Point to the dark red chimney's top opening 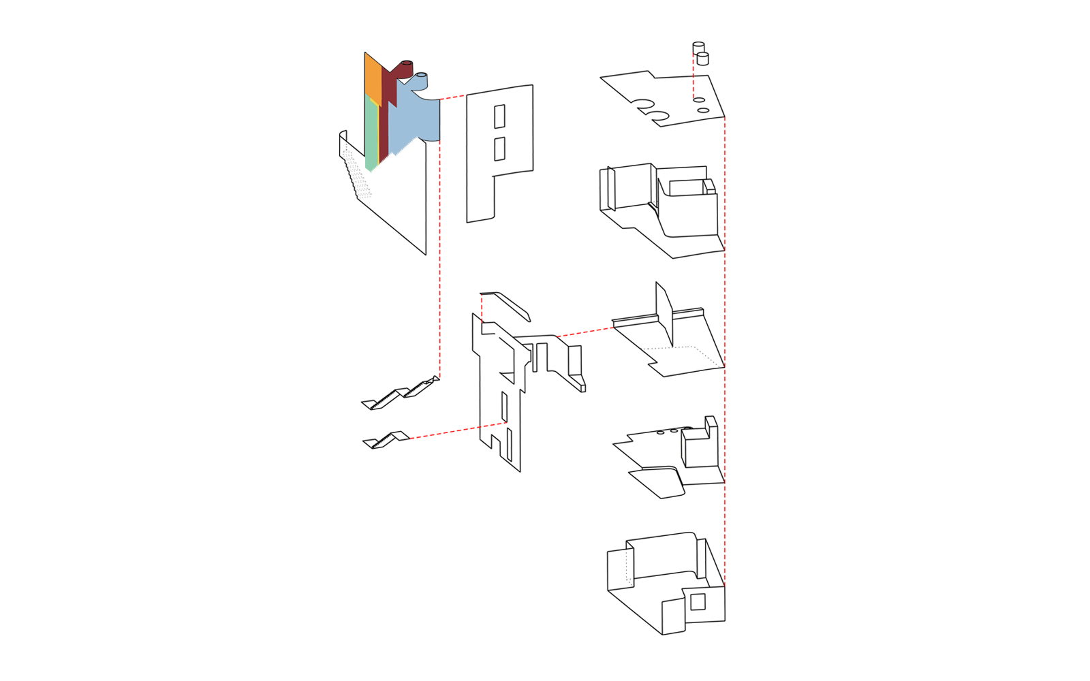point(407,63)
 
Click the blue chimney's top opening point(422,74)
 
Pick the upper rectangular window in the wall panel point(499,116)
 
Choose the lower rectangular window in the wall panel point(499,148)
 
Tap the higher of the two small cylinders point(698,48)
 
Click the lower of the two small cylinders point(703,59)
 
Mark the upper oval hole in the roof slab point(699,100)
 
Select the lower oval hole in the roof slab point(704,110)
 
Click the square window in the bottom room point(698,602)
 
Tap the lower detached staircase point(386,439)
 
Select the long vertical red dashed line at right point(725,340)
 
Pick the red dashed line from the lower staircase point(456,430)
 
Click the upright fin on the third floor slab point(664,313)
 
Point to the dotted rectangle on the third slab point(681,355)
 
